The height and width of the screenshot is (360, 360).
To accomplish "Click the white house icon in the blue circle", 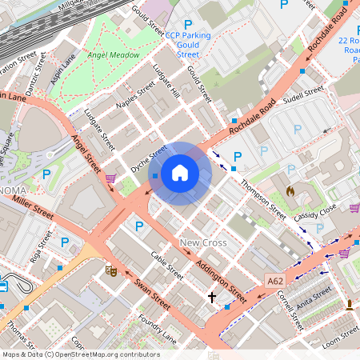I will [x=180, y=173].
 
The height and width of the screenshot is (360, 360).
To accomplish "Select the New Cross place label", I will [x=203, y=242].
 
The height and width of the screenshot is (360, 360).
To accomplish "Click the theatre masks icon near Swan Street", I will [x=112, y=271].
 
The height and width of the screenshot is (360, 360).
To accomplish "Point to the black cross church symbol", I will [x=212, y=298].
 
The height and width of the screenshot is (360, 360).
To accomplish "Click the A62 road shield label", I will [x=274, y=280].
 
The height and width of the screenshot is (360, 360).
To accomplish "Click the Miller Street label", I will [x=32, y=207].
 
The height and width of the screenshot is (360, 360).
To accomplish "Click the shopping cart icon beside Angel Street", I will [x=110, y=178].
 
